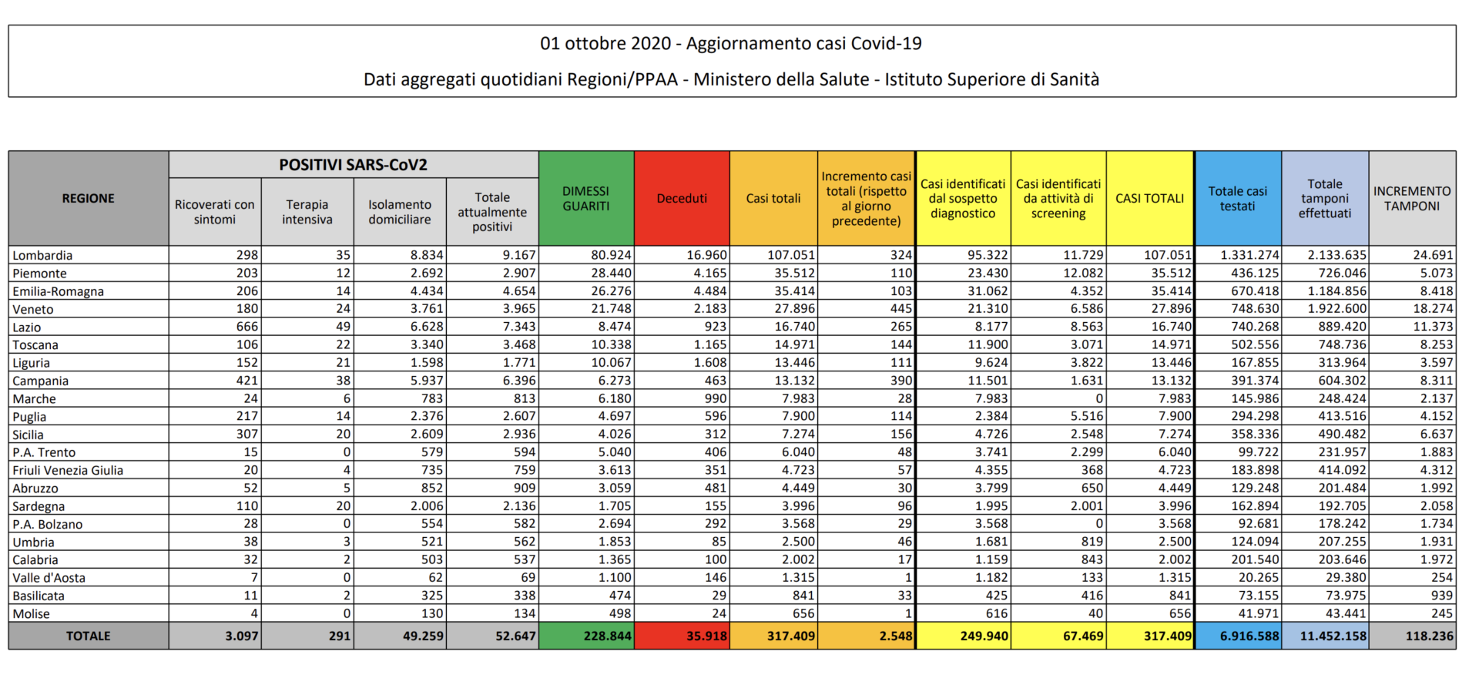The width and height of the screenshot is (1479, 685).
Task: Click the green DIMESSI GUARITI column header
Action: [586, 198]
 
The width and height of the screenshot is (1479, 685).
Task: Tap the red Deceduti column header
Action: [682, 198]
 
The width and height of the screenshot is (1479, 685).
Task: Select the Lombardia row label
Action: [42, 255]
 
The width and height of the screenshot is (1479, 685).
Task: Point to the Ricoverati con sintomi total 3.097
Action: [242, 636]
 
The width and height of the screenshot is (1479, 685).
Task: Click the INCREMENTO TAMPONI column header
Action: [1412, 198]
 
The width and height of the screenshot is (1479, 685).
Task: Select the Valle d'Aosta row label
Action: [49, 578]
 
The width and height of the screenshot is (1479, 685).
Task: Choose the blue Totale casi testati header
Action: [1238, 198]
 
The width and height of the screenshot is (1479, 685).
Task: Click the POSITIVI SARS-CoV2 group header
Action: [354, 165]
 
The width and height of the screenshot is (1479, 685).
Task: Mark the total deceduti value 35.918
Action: [706, 636]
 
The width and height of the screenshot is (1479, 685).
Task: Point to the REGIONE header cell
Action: [89, 198]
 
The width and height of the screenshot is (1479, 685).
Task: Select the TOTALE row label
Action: [89, 636]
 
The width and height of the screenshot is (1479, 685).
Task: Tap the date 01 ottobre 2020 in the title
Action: [605, 44]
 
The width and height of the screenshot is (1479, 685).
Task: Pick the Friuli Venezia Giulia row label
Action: [68, 470]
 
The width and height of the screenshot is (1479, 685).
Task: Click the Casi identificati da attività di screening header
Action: [1058, 198]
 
